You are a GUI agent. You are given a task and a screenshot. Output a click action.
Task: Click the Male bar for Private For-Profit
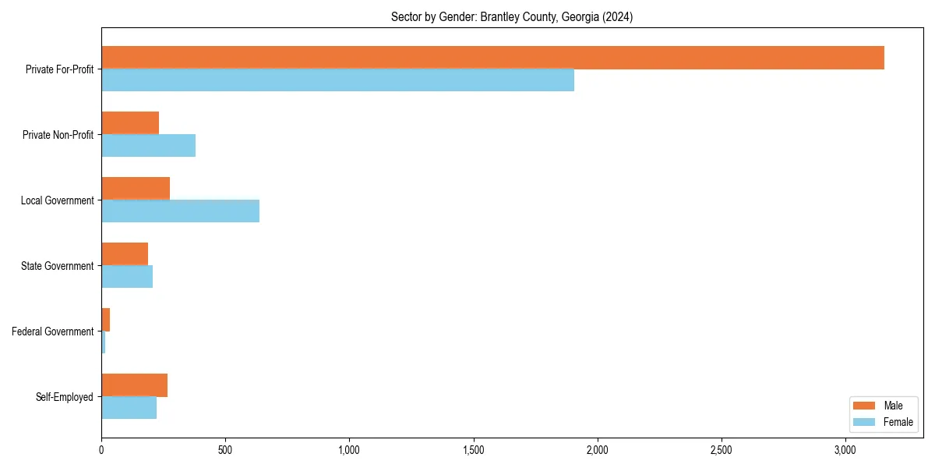coord(492,58)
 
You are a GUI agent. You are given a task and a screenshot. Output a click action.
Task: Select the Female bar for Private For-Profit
coord(337,80)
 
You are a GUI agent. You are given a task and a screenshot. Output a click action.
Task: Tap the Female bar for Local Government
coord(180,211)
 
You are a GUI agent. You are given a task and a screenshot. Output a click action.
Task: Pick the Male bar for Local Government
coord(136,189)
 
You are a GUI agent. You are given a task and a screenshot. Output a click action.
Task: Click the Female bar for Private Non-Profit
coord(148,146)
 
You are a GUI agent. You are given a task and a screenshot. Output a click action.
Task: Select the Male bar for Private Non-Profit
coord(130,123)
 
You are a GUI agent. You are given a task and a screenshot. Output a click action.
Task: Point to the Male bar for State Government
coord(125,254)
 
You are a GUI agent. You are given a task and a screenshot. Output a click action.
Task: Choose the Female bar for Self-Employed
coord(129,408)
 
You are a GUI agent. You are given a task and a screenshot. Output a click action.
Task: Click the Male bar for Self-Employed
coord(134,385)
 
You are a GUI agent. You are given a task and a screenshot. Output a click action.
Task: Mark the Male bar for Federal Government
coord(106,320)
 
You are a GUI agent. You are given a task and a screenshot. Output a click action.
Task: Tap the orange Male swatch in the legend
coord(864,406)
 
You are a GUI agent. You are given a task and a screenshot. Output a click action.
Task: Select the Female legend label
coord(898,422)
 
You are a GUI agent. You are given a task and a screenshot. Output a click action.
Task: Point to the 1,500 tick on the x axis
coord(474,451)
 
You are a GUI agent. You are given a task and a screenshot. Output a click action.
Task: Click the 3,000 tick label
coord(845,451)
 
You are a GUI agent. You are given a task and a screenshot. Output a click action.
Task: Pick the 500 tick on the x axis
coord(225,451)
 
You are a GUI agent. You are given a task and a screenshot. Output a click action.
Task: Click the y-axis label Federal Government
coord(53,331)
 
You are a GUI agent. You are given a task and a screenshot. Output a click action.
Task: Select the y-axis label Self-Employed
coord(65,397)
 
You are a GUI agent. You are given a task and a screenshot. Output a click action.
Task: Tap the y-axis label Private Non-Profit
coord(58,135)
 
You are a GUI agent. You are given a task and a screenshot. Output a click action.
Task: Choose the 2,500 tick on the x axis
coord(722,451)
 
